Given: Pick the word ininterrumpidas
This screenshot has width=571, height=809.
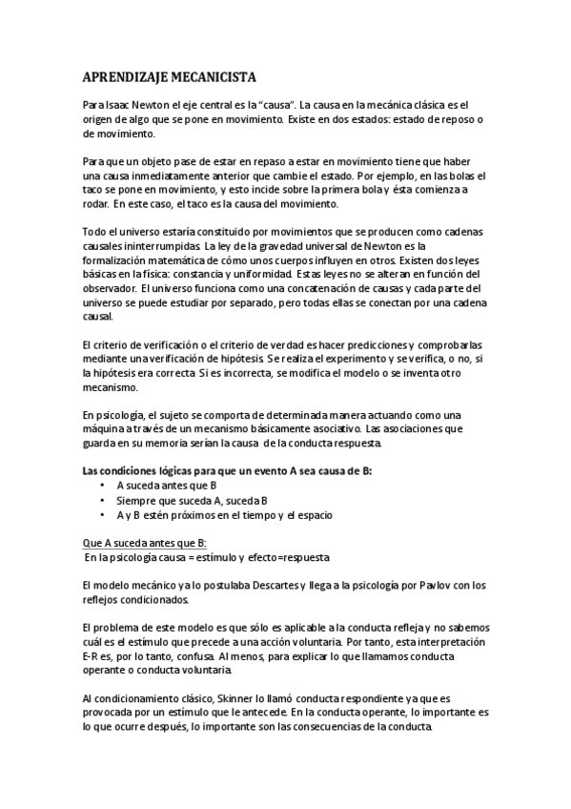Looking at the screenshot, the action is pyautogui.click(x=151, y=245).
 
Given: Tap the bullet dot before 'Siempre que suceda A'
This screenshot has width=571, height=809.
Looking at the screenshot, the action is pyautogui.click(x=102, y=500).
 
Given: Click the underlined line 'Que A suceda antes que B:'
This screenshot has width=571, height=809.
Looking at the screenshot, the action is pyautogui.click(x=138, y=543).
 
